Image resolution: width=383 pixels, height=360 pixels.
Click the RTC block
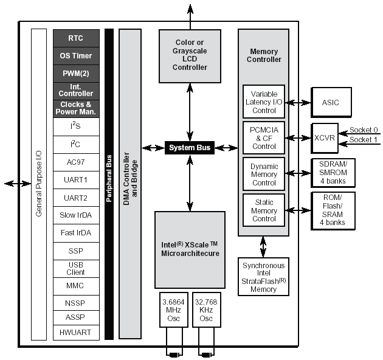click(75, 38)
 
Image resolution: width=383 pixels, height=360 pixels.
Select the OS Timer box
click(75, 56)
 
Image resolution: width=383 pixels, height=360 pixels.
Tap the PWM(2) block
click(75, 74)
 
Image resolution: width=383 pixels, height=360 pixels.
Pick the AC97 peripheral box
click(75, 162)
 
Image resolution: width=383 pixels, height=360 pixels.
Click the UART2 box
click(75, 198)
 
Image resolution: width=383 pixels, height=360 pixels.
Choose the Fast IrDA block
click(75, 233)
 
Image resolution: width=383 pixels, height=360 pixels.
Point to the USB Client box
click(75, 268)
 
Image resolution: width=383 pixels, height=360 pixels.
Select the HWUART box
click(75, 333)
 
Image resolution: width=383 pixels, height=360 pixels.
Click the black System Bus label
click(190, 148)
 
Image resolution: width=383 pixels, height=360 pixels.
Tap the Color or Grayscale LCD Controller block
click(190, 56)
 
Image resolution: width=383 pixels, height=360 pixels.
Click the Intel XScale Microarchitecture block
click(190, 249)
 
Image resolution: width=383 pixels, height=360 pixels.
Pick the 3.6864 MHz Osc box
click(174, 311)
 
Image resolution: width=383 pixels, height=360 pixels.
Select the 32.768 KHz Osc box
click(206, 311)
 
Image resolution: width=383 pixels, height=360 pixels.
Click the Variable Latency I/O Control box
click(264, 102)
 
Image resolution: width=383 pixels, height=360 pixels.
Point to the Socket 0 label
click(364, 130)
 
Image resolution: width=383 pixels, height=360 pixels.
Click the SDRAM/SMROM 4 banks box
click(333, 173)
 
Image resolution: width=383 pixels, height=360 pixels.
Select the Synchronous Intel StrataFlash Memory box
click(263, 277)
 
